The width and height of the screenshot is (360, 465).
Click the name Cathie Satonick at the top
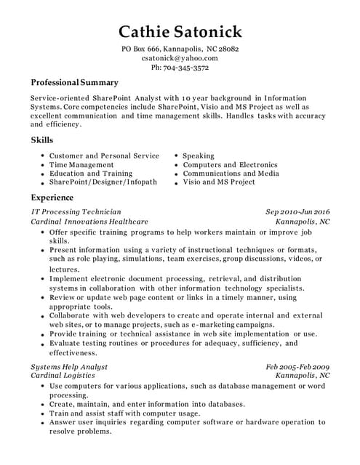point(180,31)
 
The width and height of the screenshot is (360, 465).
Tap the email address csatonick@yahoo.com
point(180,58)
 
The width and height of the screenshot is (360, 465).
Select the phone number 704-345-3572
point(180,68)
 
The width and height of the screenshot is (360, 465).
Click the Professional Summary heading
point(74,83)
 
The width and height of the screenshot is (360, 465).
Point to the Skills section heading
point(42,139)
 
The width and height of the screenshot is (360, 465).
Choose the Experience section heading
point(52,198)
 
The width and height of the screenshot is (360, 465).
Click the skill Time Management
point(81,165)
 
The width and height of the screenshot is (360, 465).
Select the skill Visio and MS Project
point(219,182)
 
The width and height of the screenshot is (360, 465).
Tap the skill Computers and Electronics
point(230,165)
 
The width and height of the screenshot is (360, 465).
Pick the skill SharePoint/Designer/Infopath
point(103,182)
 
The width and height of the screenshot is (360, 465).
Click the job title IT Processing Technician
point(76,211)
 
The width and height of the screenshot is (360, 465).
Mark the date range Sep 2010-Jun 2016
point(297,211)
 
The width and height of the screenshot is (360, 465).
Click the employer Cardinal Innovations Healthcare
point(89,221)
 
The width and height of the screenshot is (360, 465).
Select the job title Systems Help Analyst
point(69,367)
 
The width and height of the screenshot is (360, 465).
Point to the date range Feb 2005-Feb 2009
point(297,367)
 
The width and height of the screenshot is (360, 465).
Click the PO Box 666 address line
point(180,49)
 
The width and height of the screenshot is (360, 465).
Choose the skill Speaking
point(199,155)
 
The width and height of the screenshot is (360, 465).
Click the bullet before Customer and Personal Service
point(42,156)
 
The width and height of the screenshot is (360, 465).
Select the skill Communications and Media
point(231,174)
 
